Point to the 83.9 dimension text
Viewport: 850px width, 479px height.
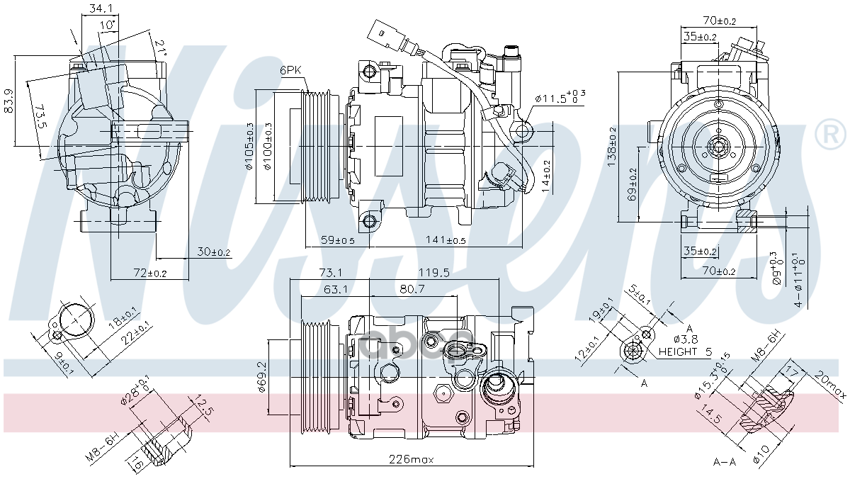(8, 101)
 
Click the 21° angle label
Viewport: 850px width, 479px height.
(160, 47)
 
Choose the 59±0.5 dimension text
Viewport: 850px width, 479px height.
(337, 240)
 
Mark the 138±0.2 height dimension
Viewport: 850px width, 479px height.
(612, 147)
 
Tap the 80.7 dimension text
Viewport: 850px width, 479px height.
(412, 288)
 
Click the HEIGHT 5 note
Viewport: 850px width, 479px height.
(684, 351)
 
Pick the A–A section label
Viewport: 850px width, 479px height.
(724, 462)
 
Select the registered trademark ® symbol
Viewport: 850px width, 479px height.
(832, 136)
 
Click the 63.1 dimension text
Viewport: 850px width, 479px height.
(336, 288)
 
